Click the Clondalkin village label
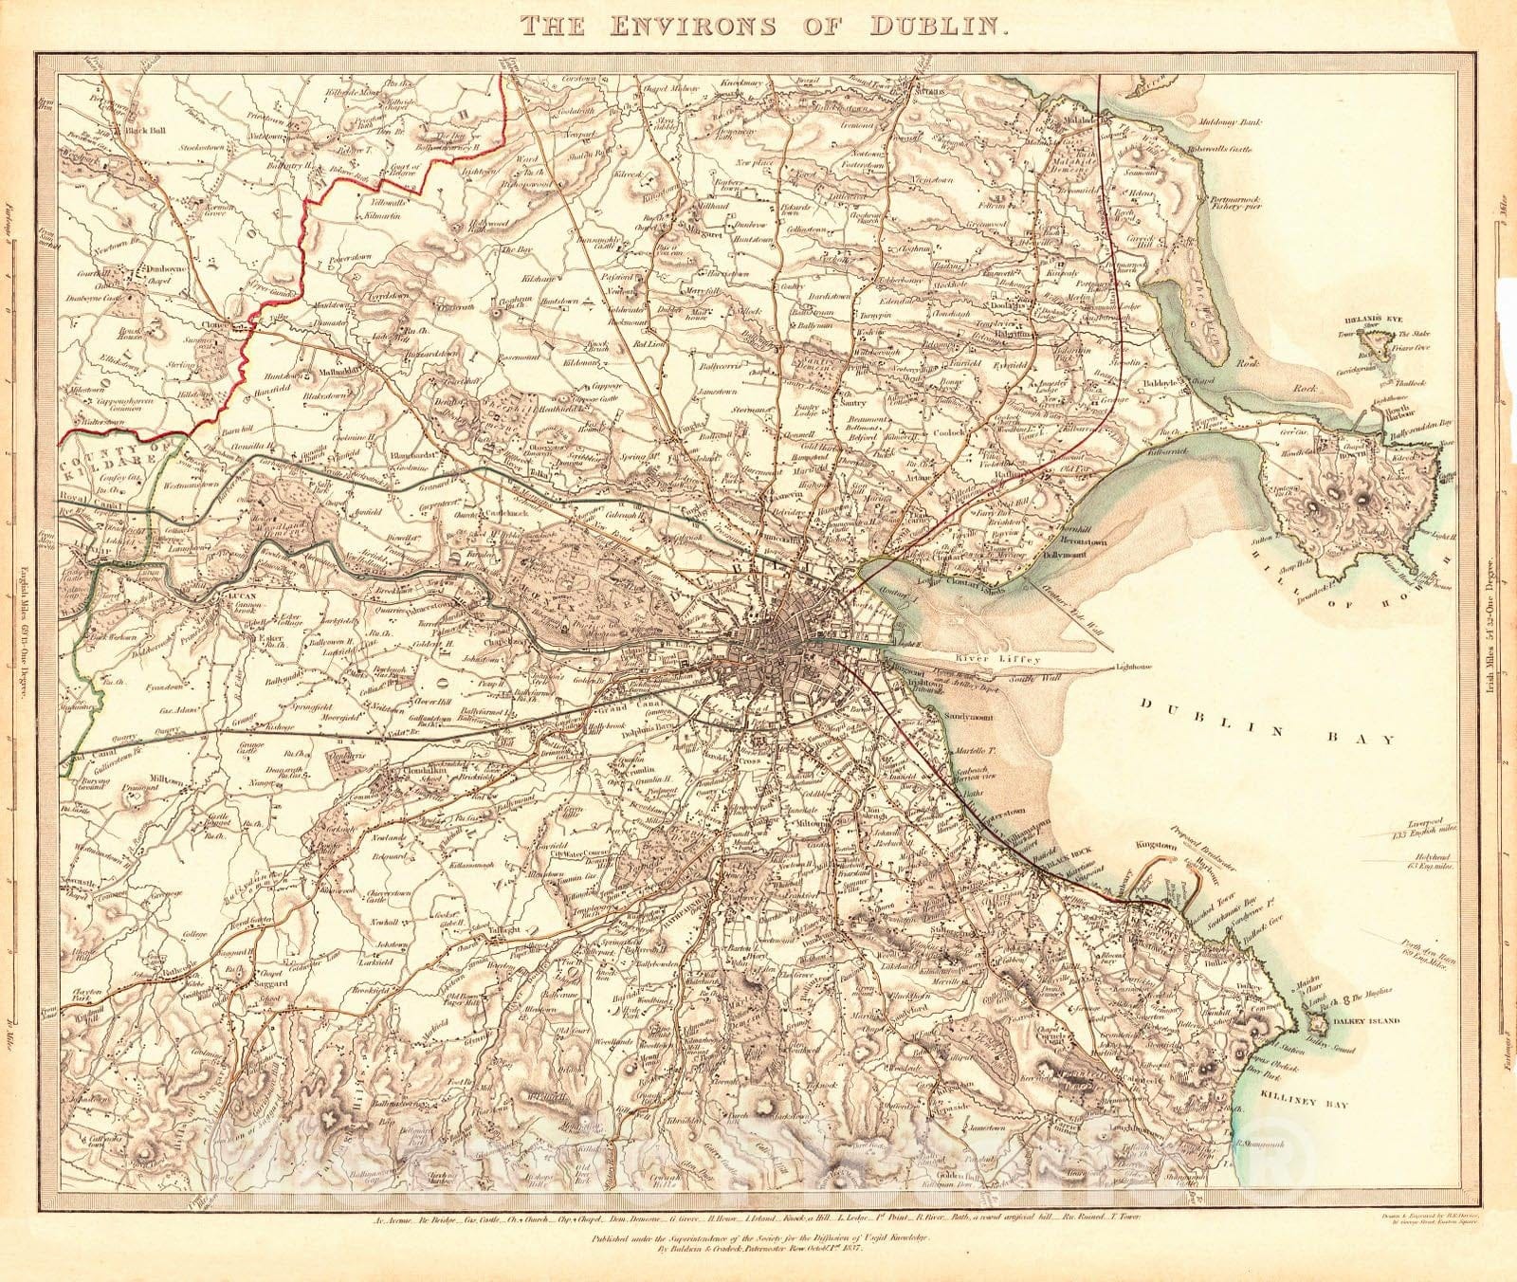pos(409,771)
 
